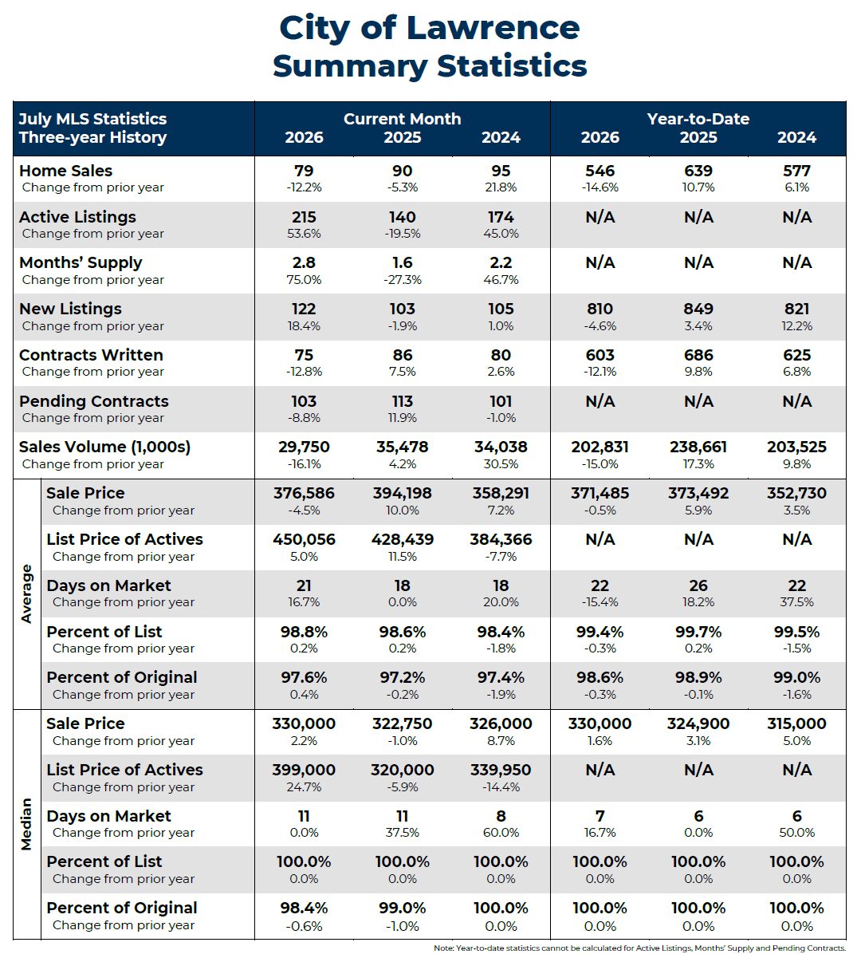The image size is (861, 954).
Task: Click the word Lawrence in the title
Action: pos(493,28)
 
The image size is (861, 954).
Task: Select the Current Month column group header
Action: pos(402,119)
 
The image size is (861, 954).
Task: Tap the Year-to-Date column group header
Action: pos(698,119)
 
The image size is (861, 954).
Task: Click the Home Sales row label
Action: pos(65,171)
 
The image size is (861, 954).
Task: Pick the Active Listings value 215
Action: pos(304,217)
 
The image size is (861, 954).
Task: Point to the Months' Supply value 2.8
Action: pos(304,263)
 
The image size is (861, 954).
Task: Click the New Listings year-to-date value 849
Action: pos(698,309)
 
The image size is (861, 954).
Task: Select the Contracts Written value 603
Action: pos(600,355)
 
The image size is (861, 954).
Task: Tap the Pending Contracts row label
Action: pos(93,401)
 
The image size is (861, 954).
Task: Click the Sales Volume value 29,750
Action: pos(304,447)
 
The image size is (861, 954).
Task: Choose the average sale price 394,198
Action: pos(402,494)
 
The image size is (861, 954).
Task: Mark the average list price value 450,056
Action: pos(304,540)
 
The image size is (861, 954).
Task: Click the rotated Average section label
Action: pos(26,593)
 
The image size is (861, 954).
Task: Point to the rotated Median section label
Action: pos(26,825)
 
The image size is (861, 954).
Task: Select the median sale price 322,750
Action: pos(402,724)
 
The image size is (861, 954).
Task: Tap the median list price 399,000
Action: pos(304,771)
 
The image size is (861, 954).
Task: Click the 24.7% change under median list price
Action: pos(304,787)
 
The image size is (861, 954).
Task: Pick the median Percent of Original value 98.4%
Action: pos(304,909)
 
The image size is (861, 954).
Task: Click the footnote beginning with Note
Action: pos(639,948)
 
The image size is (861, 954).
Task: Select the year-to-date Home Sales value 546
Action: pos(600,171)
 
